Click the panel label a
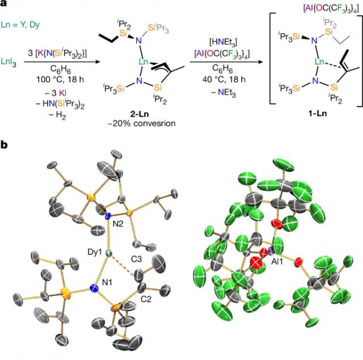point(3,3)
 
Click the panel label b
point(4,145)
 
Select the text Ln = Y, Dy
point(20,25)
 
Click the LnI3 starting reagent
point(9,62)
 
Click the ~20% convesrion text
point(141,124)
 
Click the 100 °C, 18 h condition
point(60,79)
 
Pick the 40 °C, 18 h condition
point(222,79)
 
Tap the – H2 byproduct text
point(57,115)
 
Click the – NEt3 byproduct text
point(223,93)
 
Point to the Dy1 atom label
point(95,252)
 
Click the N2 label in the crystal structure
point(118,224)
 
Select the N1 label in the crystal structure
point(107,282)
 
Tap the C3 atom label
point(137,259)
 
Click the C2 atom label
point(146,299)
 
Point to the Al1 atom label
point(277,262)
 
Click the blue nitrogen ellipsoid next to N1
point(94,288)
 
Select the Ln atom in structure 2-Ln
point(143,62)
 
